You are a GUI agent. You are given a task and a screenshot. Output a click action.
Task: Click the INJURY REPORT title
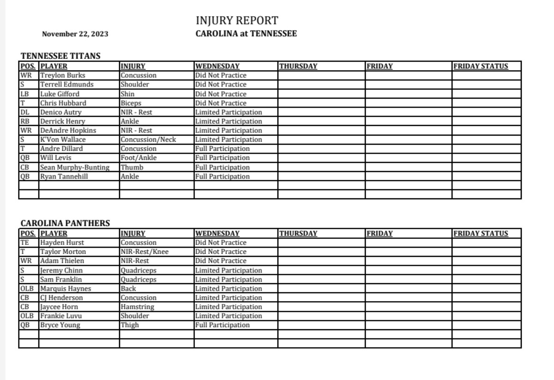tap(237, 21)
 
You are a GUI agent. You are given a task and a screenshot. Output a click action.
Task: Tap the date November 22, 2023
tap(75, 34)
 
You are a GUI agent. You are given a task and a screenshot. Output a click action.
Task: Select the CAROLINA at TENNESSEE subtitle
tap(246, 34)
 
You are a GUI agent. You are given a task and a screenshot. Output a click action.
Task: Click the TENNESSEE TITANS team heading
tap(60, 56)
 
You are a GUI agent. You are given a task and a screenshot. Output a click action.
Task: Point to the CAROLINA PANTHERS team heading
tap(65, 223)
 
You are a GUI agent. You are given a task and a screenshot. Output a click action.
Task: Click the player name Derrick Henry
tap(63, 121)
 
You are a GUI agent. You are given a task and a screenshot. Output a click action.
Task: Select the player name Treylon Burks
tap(63, 75)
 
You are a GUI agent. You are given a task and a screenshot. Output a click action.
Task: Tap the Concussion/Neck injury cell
tap(148, 139)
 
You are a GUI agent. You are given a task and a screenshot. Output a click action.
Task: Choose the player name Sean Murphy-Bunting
tap(75, 167)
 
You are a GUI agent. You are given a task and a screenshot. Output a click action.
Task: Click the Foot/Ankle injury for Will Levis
tap(138, 158)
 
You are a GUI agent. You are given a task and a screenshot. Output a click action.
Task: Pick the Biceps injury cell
tap(131, 103)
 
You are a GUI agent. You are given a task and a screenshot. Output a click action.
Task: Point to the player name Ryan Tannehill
tap(64, 176)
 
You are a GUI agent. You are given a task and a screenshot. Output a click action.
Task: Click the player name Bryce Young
tap(60, 325)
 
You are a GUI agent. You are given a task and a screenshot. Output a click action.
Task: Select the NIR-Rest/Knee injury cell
tap(145, 252)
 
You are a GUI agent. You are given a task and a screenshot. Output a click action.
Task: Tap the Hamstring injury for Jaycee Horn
tap(138, 307)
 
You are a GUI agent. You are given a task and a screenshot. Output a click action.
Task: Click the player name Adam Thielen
tap(62, 261)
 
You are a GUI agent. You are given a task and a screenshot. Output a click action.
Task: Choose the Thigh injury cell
tap(130, 325)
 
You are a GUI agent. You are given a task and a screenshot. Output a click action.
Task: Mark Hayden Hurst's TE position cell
tap(25, 243)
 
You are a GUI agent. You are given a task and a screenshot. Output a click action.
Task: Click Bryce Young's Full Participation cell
tap(222, 325)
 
